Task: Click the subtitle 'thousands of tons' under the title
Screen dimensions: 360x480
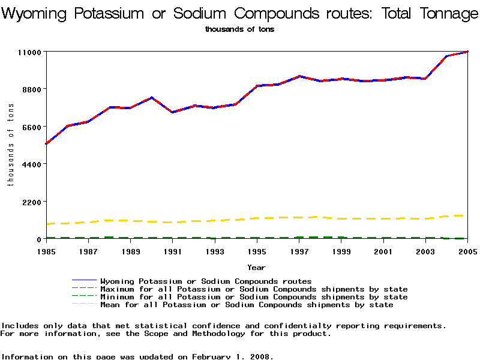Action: tap(239, 29)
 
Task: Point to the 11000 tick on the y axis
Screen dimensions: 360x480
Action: tap(28, 52)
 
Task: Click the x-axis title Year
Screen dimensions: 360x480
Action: tap(256, 268)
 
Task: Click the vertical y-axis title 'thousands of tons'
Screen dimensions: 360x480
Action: tap(10, 144)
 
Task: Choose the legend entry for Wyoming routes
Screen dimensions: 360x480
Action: tap(206, 281)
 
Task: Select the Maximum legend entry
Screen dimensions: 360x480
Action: tap(254, 289)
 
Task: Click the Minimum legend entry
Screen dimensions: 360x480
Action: tap(254, 297)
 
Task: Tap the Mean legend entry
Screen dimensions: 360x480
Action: tap(247, 305)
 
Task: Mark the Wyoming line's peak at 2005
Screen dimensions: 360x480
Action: tap(467, 52)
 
